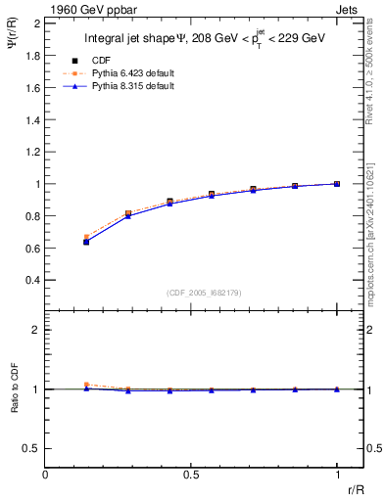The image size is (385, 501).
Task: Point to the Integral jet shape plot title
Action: [204, 40]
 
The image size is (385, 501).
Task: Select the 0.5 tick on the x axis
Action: [191, 475]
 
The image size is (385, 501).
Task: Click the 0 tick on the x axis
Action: [46, 475]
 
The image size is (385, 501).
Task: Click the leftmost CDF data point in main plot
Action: [87, 240]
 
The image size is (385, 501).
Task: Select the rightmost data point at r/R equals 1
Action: [337, 184]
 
